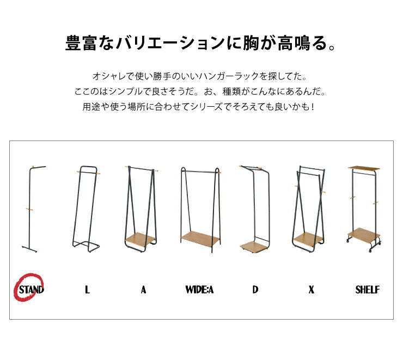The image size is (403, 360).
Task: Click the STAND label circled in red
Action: click(x=31, y=289)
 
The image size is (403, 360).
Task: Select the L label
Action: click(x=87, y=290)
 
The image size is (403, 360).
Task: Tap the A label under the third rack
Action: click(x=143, y=290)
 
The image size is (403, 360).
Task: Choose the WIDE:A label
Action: click(x=200, y=290)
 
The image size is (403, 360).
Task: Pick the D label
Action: click(x=255, y=290)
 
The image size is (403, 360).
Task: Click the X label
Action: click(x=311, y=290)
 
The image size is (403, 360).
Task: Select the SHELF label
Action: click(x=367, y=290)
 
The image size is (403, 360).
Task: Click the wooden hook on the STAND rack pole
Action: click(x=30, y=208)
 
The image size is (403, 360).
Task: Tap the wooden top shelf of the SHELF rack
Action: click(x=364, y=167)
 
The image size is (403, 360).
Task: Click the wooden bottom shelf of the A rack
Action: click(x=140, y=239)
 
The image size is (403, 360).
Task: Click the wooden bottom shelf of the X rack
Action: click(x=308, y=239)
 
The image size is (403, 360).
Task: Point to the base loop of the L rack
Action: click(x=86, y=246)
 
